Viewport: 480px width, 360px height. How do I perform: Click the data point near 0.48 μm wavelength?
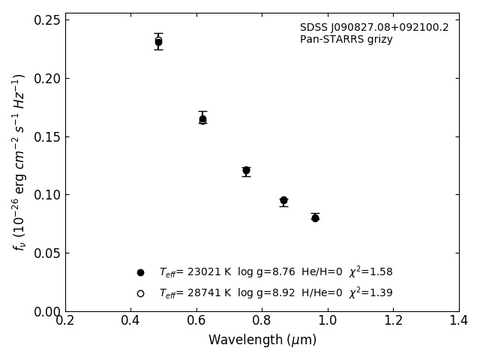pyautogui.click(x=158, y=42)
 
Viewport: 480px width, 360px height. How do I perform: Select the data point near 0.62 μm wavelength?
pyautogui.click(x=202, y=118)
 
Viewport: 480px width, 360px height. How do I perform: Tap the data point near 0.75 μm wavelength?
pyautogui.click(x=246, y=170)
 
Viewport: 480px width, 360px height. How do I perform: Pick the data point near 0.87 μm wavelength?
pyautogui.click(x=283, y=200)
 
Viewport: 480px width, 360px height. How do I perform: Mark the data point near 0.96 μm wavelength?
pyautogui.click(x=315, y=217)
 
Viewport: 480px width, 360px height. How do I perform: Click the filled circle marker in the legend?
pyautogui.click(x=140, y=272)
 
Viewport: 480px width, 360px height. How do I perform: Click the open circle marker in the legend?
pyautogui.click(x=140, y=293)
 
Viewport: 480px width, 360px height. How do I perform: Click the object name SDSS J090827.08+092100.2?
pyautogui.click(x=374, y=28)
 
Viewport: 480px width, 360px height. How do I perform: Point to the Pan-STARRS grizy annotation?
pyautogui.click(x=346, y=40)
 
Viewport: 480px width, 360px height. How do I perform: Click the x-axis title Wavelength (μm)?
pyautogui.click(x=262, y=340)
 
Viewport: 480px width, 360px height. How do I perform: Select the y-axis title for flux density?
pyautogui.click(x=19, y=161)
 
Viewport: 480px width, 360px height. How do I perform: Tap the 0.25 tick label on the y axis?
pyautogui.click(x=47, y=20)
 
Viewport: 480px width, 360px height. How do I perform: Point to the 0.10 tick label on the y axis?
pyautogui.click(x=47, y=195)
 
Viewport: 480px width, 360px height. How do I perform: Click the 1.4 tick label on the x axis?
pyautogui.click(x=458, y=321)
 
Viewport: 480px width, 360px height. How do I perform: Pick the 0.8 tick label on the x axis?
pyautogui.click(x=262, y=321)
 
